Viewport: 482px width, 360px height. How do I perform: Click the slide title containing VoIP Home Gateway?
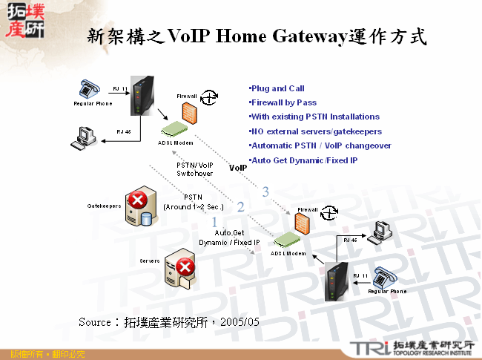pyautogui.click(x=257, y=36)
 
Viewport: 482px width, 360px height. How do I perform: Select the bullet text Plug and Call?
pyautogui.click(x=279, y=88)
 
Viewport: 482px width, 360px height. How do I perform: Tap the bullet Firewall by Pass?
pyautogui.click(x=285, y=102)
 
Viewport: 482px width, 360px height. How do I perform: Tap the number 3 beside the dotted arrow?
pyautogui.click(x=265, y=192)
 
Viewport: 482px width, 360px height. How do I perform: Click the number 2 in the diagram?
pyautogui.click(x=240, y=207)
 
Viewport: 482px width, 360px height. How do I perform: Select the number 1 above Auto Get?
pyautogui.click(x=215, y=222)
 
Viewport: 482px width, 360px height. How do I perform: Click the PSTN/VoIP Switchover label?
pyautogui.click(x=195, y=169)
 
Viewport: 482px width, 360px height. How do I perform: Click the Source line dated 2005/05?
pyautogui.click(x=169, y=322)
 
